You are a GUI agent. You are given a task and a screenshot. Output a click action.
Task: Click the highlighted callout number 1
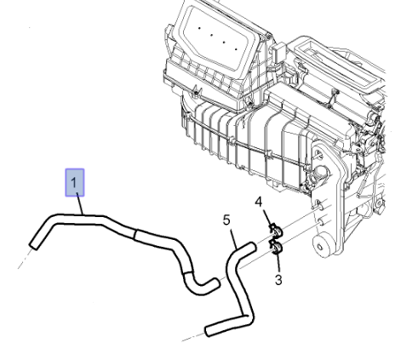point(74,182)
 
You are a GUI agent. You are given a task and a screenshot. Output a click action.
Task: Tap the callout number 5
point(226,220)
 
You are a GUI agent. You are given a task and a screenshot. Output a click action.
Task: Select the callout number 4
point(259,203)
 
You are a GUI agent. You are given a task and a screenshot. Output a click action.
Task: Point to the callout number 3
point(278,280)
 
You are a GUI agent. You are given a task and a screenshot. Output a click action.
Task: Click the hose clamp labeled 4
point(276,231)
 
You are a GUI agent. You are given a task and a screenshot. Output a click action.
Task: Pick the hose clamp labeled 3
point(276,247)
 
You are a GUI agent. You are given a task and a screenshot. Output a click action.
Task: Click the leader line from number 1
point(80,203)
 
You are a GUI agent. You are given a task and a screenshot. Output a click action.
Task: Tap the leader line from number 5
point(234,239)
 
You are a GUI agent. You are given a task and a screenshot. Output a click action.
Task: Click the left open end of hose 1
point(33,246)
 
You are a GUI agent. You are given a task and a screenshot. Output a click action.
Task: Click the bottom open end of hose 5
point(209,331)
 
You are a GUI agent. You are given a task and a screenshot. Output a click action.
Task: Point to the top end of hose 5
point(252,247)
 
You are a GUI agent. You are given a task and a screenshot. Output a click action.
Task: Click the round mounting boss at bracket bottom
point(320,247)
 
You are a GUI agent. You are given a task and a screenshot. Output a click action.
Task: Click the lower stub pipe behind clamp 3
point(321,221)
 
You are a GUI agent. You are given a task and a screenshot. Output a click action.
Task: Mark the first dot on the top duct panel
point(199,28)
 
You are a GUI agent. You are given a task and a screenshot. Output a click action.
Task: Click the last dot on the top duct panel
point(236,49)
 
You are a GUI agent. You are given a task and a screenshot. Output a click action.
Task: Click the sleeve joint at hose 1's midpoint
point(135,234)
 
